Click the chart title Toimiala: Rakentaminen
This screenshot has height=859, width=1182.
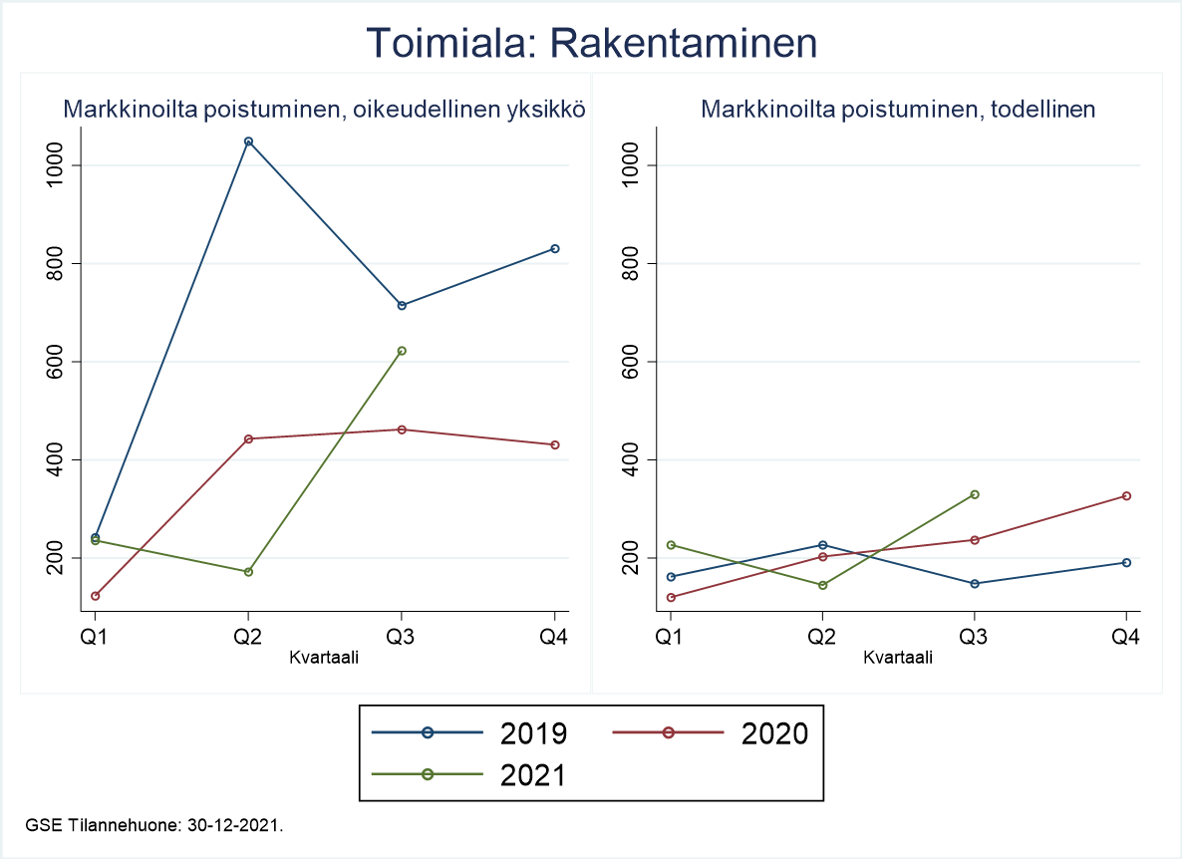coord(591,44)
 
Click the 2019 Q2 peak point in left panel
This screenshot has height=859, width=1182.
coord(248,142)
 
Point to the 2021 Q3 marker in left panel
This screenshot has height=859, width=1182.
coord(402,351)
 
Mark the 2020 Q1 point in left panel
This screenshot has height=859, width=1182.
coord(96,596)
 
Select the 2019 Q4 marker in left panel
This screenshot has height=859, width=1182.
coord(555,248)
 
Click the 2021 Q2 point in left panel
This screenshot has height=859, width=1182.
coord(248,572)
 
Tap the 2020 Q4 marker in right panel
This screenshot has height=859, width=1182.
coord(1127,495)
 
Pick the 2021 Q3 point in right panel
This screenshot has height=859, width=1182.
coord(975,494)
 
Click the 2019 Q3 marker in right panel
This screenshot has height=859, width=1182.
coord(975,583)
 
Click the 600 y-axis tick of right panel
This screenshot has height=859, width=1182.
coord(629,362)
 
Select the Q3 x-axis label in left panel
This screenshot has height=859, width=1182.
coord(402,637)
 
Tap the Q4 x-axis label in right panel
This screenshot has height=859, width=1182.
coord(1127,637)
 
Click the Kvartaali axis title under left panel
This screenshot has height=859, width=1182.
coord(324,657)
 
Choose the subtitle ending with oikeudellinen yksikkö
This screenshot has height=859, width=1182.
coord(324,110)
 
